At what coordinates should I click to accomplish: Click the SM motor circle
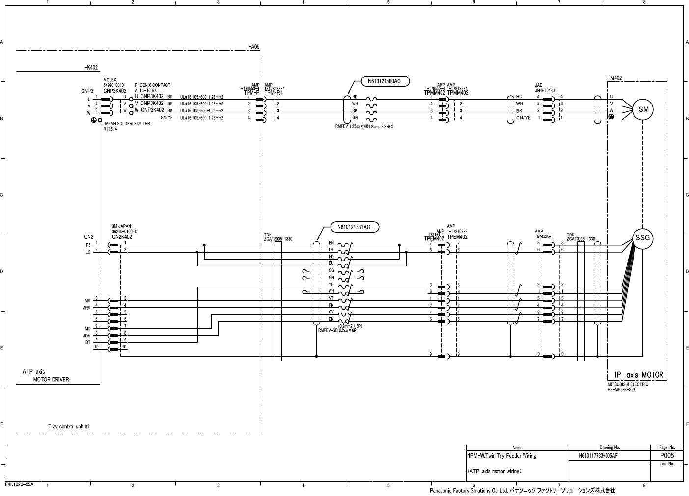tap(643, 110)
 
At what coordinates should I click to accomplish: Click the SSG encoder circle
tap(643, 238)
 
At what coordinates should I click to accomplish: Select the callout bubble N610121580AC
tap(385, 82)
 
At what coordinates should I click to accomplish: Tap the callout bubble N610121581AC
tap(354, 227)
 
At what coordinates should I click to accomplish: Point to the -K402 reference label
tap(91, 68)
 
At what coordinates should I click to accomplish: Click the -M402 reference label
tap(614, 78)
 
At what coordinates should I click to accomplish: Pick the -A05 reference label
tap(254, 47)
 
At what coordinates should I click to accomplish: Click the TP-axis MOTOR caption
tap(638, 375)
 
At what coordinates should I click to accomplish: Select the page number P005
tap(666, 456)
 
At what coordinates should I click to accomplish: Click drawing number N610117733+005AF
tap(598, 456)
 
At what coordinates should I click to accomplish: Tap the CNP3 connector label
tap(87, 91)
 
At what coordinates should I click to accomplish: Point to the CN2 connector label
tap(88, 237)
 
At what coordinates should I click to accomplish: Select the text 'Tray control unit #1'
tap(69, 426)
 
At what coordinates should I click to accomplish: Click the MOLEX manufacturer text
tap(110, 80)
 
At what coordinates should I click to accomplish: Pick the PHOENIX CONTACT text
tap(152, 85)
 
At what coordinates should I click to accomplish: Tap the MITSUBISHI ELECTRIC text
tap(628, 385)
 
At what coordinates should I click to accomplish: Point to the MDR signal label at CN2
tap(86, 334)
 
